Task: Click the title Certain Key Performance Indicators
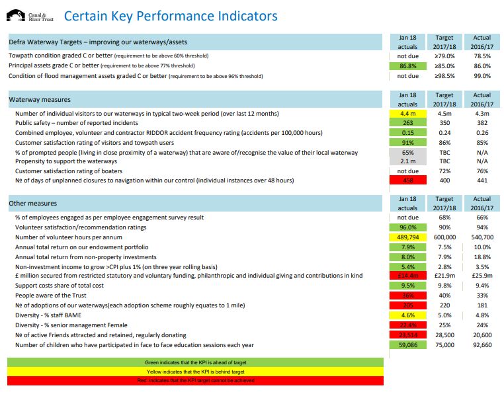pos(171,17)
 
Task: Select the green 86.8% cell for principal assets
pos(408,66)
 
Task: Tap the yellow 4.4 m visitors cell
pos(408,114)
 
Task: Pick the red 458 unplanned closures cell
pos(408,180)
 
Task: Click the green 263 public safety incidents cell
pos(408,123)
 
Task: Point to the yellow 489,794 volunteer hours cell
pos(408,237)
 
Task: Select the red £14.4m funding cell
pos(408,275)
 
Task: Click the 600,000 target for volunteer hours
pos(444,237)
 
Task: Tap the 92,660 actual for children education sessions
pos(482,345)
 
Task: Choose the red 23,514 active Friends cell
pos(408,335)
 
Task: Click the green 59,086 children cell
pos(408,345)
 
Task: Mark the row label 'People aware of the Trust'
pos(43,296)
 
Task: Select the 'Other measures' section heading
pos(32,204)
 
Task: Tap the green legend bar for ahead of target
pos(195,363)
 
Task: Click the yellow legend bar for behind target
pos(195,372)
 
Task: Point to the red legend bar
pos(195,380)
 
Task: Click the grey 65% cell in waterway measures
pos(408,152)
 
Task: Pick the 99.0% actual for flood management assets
pos(482,76)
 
